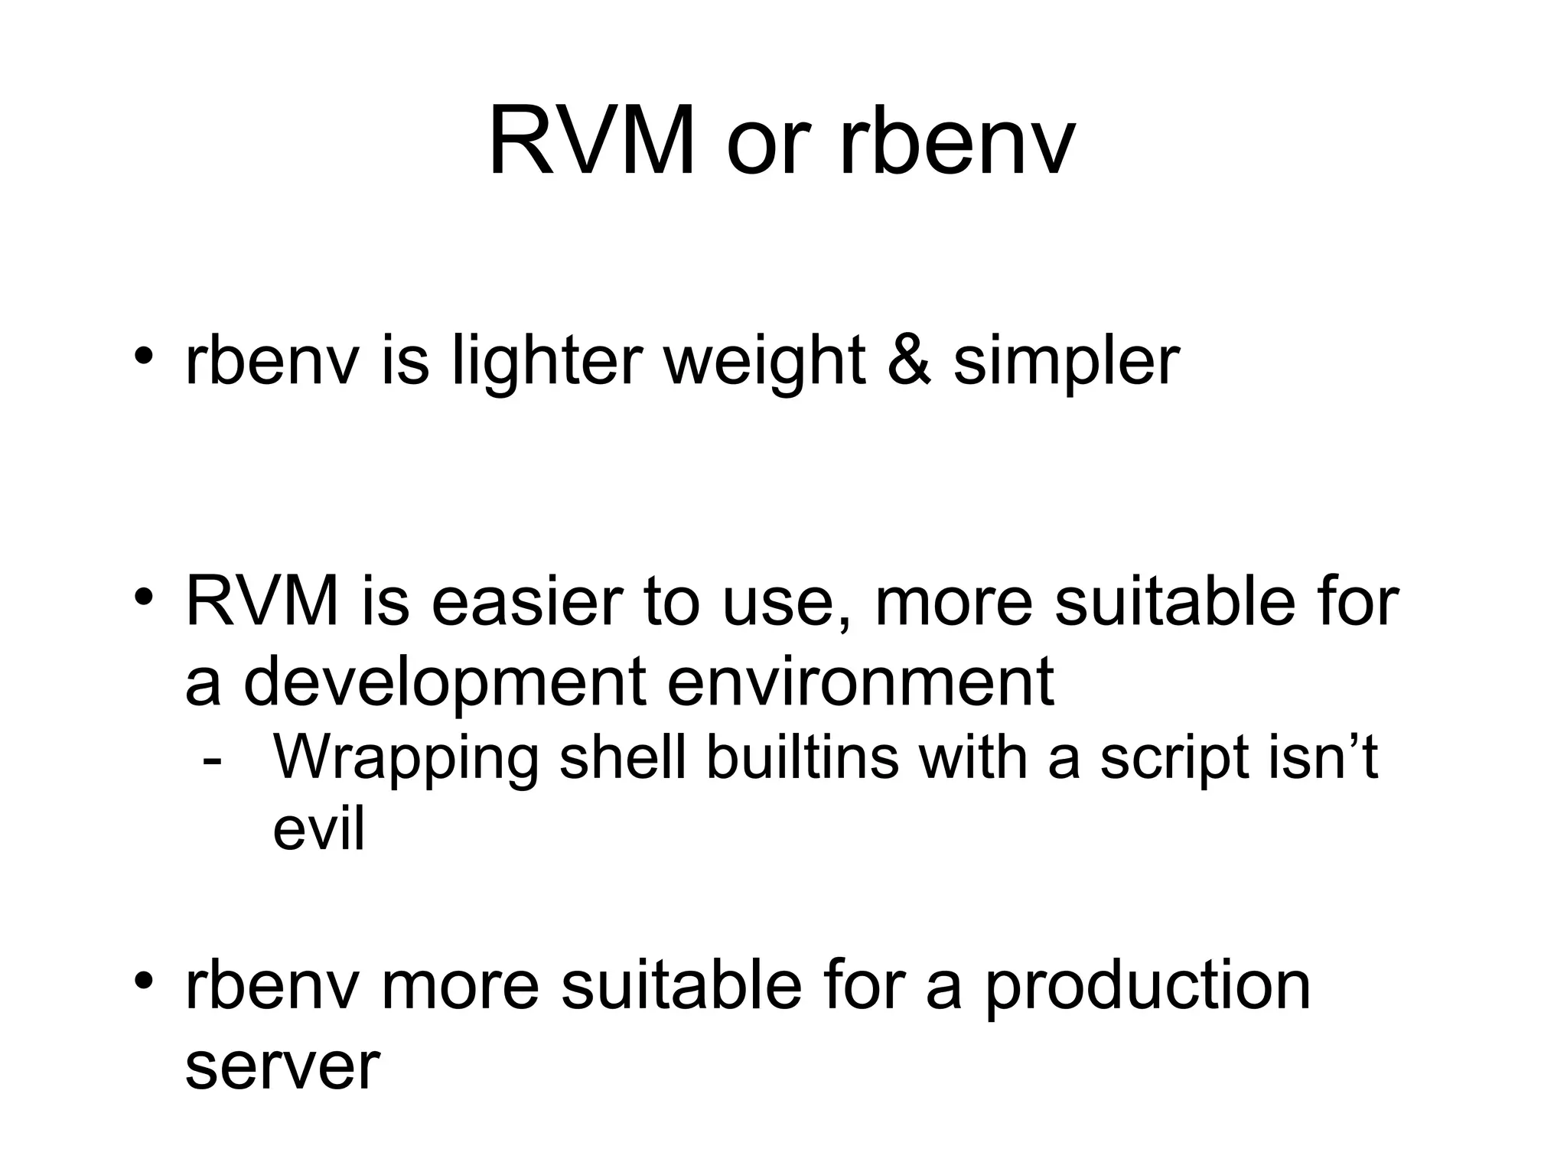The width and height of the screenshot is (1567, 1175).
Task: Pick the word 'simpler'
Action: click(x=1066, y=361)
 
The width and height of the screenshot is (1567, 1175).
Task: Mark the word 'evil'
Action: click(x=318, y=829)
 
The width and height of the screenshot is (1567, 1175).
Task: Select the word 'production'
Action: click(x=1147, y=988)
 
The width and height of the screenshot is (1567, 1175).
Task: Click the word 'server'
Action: click(x=282, y=1068)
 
